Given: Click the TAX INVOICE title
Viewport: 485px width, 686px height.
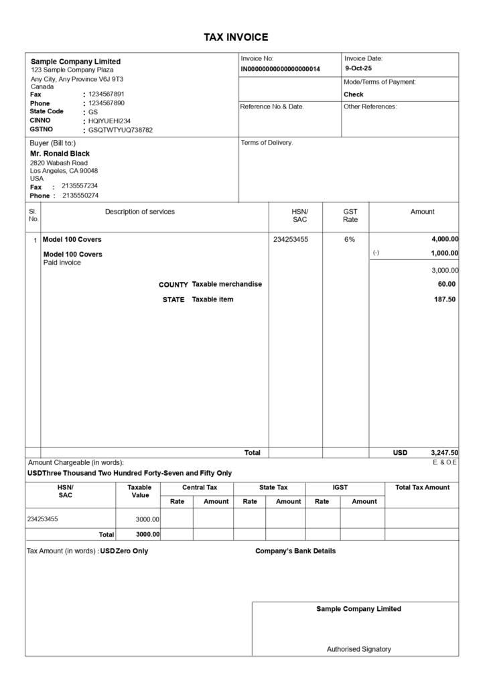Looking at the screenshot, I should (236, 38).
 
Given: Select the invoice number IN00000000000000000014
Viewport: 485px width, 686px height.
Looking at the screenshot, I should (281, 69).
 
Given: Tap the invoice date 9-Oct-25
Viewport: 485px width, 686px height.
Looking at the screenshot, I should (358, 68).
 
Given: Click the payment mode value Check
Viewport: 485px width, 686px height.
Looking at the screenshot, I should (354, 94).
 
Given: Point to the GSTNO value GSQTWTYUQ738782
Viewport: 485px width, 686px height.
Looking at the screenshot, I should (121, 130).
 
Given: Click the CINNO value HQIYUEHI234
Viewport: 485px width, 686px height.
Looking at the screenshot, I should (109, 121).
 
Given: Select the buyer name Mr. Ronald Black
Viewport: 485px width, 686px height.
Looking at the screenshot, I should (60, 153).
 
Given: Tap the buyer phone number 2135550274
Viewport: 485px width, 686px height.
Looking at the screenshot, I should (80, 196).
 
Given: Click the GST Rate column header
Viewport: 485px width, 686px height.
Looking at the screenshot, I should (350, 215).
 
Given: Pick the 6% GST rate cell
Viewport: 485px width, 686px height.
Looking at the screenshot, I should (350, 239).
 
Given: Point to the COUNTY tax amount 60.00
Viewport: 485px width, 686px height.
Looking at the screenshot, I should (447, 284).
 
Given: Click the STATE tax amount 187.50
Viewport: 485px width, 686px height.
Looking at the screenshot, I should (445, 299).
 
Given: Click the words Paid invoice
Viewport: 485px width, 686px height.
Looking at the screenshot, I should (62, 263).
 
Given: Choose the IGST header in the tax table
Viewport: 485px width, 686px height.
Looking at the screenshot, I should (340, 487).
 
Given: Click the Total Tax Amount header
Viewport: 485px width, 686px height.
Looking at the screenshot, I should (422, 487).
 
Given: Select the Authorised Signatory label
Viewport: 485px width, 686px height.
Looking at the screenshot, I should (358, 648).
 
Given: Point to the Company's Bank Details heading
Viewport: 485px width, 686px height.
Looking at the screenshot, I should (295, 551).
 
